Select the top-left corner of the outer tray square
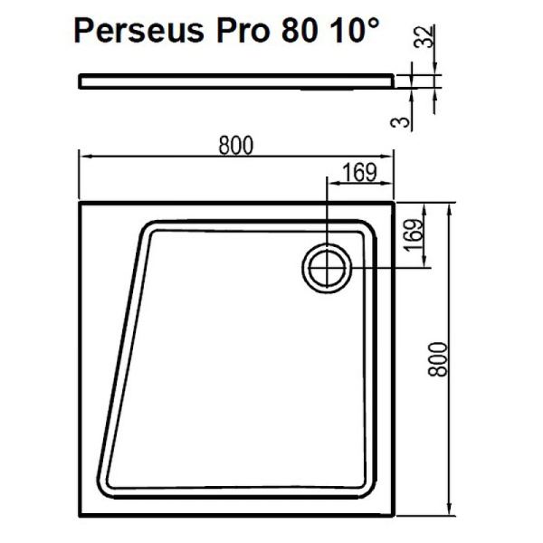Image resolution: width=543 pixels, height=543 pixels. pyautogui.click(x=81, y=203)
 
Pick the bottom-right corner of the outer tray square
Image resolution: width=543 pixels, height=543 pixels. pyautogui.click(x=394, y=513)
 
